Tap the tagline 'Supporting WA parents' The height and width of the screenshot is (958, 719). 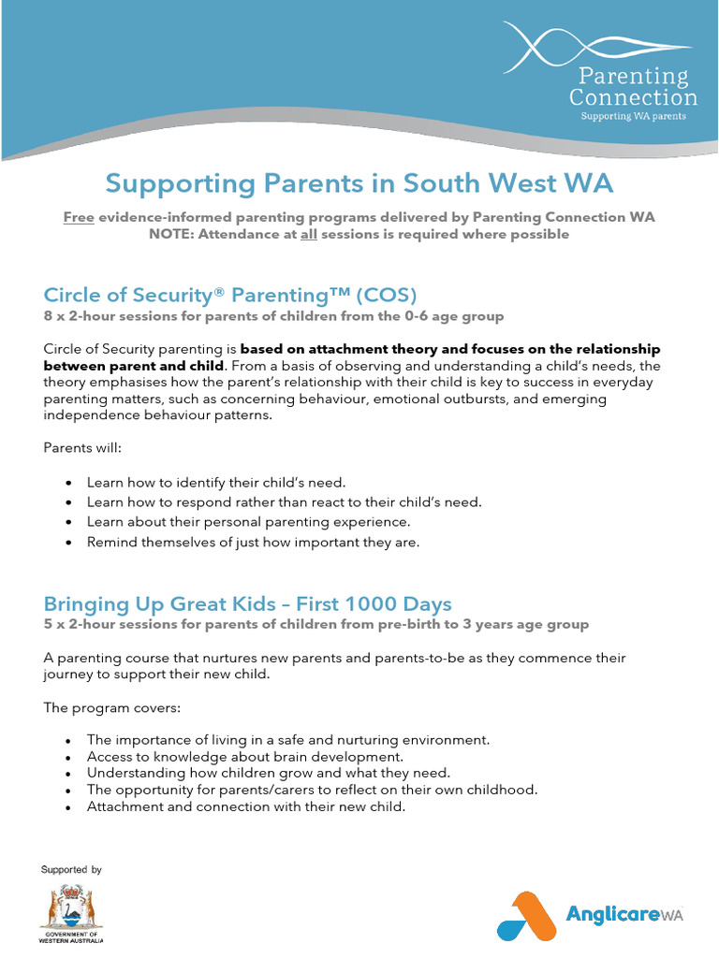tap(633, 116)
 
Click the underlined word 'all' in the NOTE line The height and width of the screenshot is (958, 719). tap(308, 234)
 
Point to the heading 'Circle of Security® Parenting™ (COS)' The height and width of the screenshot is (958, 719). tap(228, 295)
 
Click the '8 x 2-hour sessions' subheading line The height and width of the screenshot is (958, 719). tap(273, 316)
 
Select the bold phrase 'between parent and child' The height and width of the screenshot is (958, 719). tap(133, 365)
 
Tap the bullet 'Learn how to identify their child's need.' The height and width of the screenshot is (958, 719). tap(216, 483)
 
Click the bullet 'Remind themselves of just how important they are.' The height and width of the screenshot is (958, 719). tap(253, 542)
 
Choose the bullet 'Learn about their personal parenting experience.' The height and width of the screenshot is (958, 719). tap(248, 522)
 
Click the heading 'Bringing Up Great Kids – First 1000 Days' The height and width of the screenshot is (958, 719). tap(247, 602)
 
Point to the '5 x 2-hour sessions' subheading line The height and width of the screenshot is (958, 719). tap(315, 624)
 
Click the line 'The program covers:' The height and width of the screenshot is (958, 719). tap(105, 707)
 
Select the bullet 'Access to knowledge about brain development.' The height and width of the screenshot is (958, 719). tap(244, 756)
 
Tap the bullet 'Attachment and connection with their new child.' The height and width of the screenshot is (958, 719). tap(246, 806)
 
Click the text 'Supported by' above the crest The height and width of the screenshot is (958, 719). tap(71, 870)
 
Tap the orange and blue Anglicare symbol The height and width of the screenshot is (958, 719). tap(525, 915)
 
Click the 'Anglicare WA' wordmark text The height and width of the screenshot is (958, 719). tap(624, 914)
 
